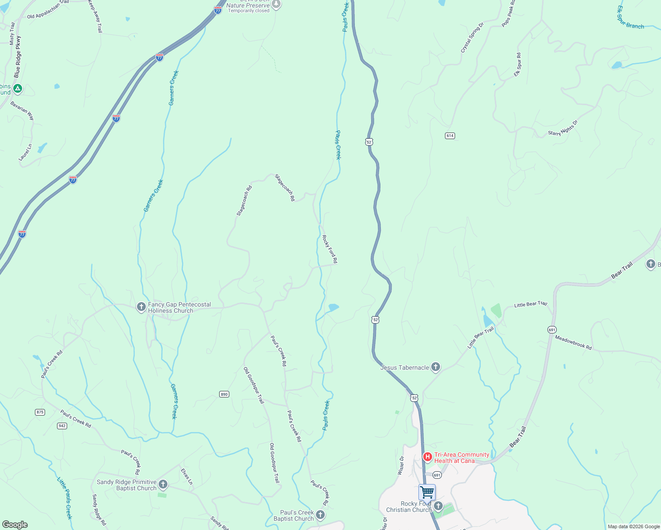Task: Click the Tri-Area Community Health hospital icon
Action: click(x=427, y=457)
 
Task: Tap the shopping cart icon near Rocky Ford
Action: click(x=427, y=492)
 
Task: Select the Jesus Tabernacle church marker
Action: click(x=436, y=367)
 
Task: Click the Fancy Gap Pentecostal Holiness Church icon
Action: click(x=141, y=307)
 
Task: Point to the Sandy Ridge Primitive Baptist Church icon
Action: click(x=163, y=485)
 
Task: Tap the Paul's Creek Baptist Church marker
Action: click(x=320, y=515)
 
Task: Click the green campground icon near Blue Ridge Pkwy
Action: click(x=18, y=89)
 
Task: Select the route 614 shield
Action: click(x=450, y=136)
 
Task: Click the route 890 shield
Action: click(x=224, y=394)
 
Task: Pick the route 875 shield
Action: click(x=40, y=412)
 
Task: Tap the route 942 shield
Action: click(x=62, y=426)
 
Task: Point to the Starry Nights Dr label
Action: click(x=563, y=128)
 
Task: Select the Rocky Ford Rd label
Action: click(x=330, y=249)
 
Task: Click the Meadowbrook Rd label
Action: click(x=573, y=343)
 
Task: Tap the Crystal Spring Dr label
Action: click(x=472, y=38)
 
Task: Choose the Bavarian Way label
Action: click(x=23, y=110)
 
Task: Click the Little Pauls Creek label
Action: click(x=65, y=498)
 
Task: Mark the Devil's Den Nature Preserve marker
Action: click(x=276, y=4)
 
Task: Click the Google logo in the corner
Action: click(x=15, y=525)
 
